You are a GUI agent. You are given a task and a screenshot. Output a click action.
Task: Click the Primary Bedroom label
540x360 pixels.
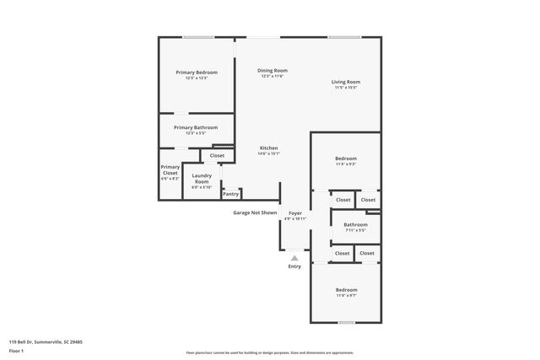(197, 73)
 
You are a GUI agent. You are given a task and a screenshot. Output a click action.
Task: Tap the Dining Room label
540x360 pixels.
(273, 70)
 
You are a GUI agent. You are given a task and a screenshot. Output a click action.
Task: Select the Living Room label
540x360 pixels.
(345, 82)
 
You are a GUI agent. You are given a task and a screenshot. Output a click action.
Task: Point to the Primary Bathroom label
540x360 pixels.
(196, 127)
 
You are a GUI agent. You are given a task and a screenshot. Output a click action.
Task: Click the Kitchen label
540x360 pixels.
(268, 148)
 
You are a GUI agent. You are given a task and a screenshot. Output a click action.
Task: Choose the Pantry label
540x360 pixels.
(230, 194)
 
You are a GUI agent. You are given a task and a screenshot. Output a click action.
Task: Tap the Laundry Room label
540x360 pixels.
(202, 179)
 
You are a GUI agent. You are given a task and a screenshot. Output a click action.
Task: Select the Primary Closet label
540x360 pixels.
(170, 169)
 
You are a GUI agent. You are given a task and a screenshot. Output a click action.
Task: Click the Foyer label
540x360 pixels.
(294, 213)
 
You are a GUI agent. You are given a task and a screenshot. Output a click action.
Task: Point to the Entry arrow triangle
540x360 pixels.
(294, 258)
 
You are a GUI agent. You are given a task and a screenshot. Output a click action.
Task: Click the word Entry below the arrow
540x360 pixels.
(294, 266)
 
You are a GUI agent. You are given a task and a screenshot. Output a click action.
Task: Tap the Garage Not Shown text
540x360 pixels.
(255, 212)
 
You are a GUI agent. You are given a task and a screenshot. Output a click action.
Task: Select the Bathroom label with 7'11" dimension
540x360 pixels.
(355, 224)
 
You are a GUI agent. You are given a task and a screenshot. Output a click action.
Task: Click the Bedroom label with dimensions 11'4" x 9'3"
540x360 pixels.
(346, 159)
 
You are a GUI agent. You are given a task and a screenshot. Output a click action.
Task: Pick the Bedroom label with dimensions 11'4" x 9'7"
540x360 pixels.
(346, 290)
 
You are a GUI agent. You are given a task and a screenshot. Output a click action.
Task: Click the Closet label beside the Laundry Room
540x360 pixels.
(217, 156)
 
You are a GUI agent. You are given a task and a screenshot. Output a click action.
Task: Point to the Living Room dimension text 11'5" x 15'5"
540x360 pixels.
(345, 88)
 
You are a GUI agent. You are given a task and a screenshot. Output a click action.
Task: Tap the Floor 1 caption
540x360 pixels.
(16, 352)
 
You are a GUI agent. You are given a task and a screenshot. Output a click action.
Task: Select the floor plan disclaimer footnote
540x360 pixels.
(270, 352)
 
